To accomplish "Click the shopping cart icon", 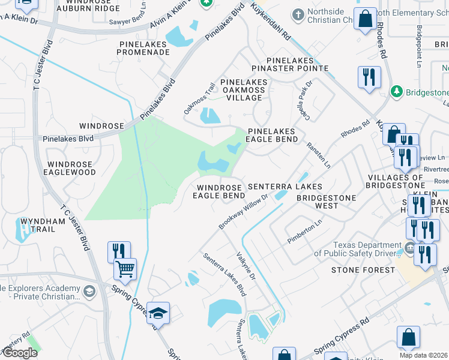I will tap(125, 269).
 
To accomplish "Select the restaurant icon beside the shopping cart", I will tap(118, 251).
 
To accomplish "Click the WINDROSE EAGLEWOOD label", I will tap(71, 168).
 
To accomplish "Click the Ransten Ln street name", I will tap(318, 154).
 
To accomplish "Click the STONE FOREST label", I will tap(363, 270).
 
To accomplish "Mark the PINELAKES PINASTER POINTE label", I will tap(298, 65).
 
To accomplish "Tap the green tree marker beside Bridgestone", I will tap(396, 92).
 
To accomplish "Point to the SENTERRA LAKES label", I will tap(285, 187).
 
